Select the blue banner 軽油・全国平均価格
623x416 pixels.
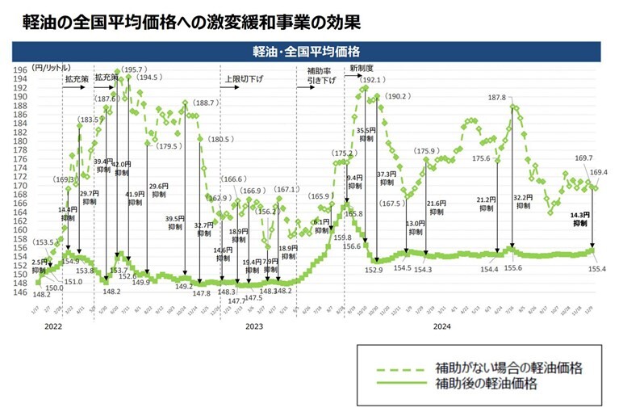(x=312, y=52)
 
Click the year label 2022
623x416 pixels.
(x=52, y=326)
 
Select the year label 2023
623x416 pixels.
(x=253, y=326)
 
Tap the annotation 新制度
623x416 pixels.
(x=362, y=69)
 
